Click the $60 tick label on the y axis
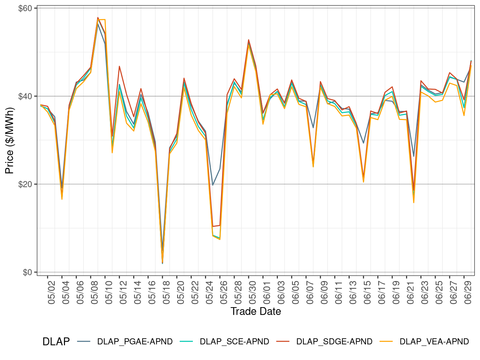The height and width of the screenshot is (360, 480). [25, 8]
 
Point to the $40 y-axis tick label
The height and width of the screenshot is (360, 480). [25, 96]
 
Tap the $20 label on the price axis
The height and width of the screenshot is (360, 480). [25, 184]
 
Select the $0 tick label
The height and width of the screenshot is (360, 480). [27, 272]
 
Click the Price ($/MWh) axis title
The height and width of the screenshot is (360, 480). [10, 140]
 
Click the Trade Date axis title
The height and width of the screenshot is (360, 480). [256, 311]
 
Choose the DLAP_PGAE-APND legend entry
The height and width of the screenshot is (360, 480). [135, 342]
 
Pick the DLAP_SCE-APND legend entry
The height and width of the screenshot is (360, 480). [234, 342]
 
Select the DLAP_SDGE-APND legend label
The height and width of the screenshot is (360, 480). [334, 342]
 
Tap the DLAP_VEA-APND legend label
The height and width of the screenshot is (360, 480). [434, 342]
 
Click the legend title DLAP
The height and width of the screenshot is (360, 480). [56, 342]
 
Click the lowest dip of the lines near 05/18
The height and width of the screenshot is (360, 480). [162, 263]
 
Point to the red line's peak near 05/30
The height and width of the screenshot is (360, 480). [249, 40]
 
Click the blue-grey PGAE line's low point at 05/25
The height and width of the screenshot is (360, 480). [213, 185]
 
